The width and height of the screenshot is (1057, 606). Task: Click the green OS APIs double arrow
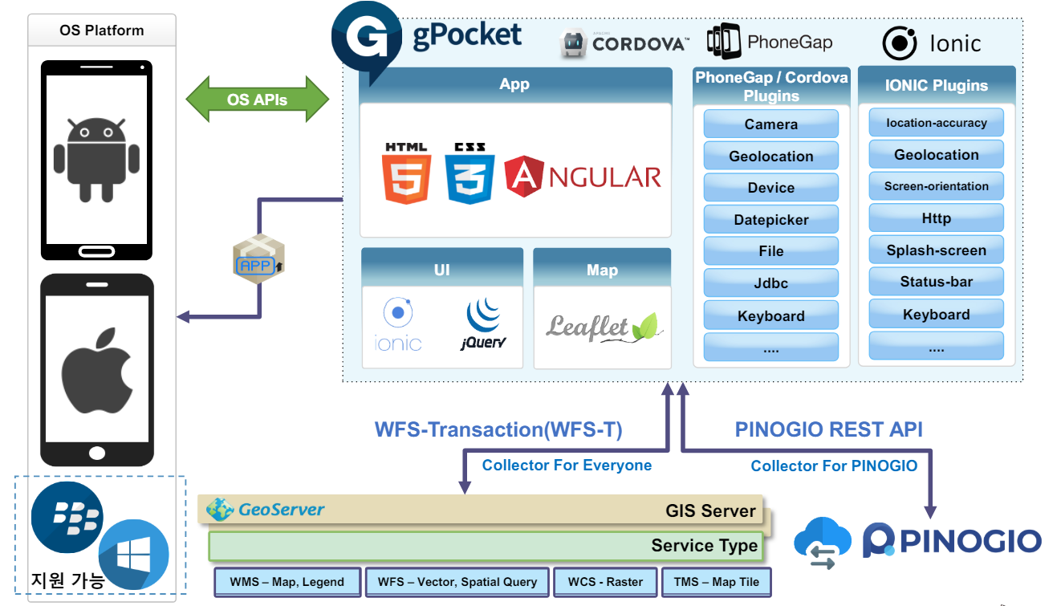click(x=258, y=100)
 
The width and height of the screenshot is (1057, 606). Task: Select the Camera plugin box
click(x=770, y=124)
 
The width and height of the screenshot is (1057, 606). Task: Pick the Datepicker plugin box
click(x=770, y=220)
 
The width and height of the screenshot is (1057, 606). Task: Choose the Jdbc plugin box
click(x=770, y=283)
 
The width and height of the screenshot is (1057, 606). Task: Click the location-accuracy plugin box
click(x=936, y=123)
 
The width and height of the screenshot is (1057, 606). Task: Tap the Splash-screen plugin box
click(x=936, y=250)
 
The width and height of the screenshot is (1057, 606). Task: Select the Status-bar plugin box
click(x=936, y=282)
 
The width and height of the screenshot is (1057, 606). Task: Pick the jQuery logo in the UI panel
click(x=484, y=324)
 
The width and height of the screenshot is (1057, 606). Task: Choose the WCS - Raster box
click(x=605, y=582)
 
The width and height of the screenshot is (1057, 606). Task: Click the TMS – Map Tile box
click(x=716, y=582)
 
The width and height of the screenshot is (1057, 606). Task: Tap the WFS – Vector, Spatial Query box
click(x=457, y=582)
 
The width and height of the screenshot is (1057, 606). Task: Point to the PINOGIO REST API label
click(x=828, y=429)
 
